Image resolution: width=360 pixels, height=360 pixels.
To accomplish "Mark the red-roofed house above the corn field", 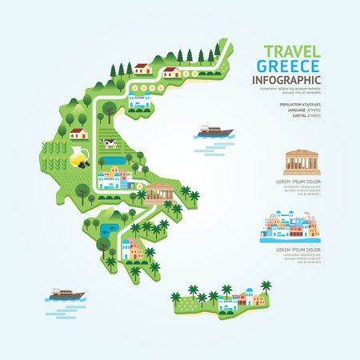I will [x=78, y=134].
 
